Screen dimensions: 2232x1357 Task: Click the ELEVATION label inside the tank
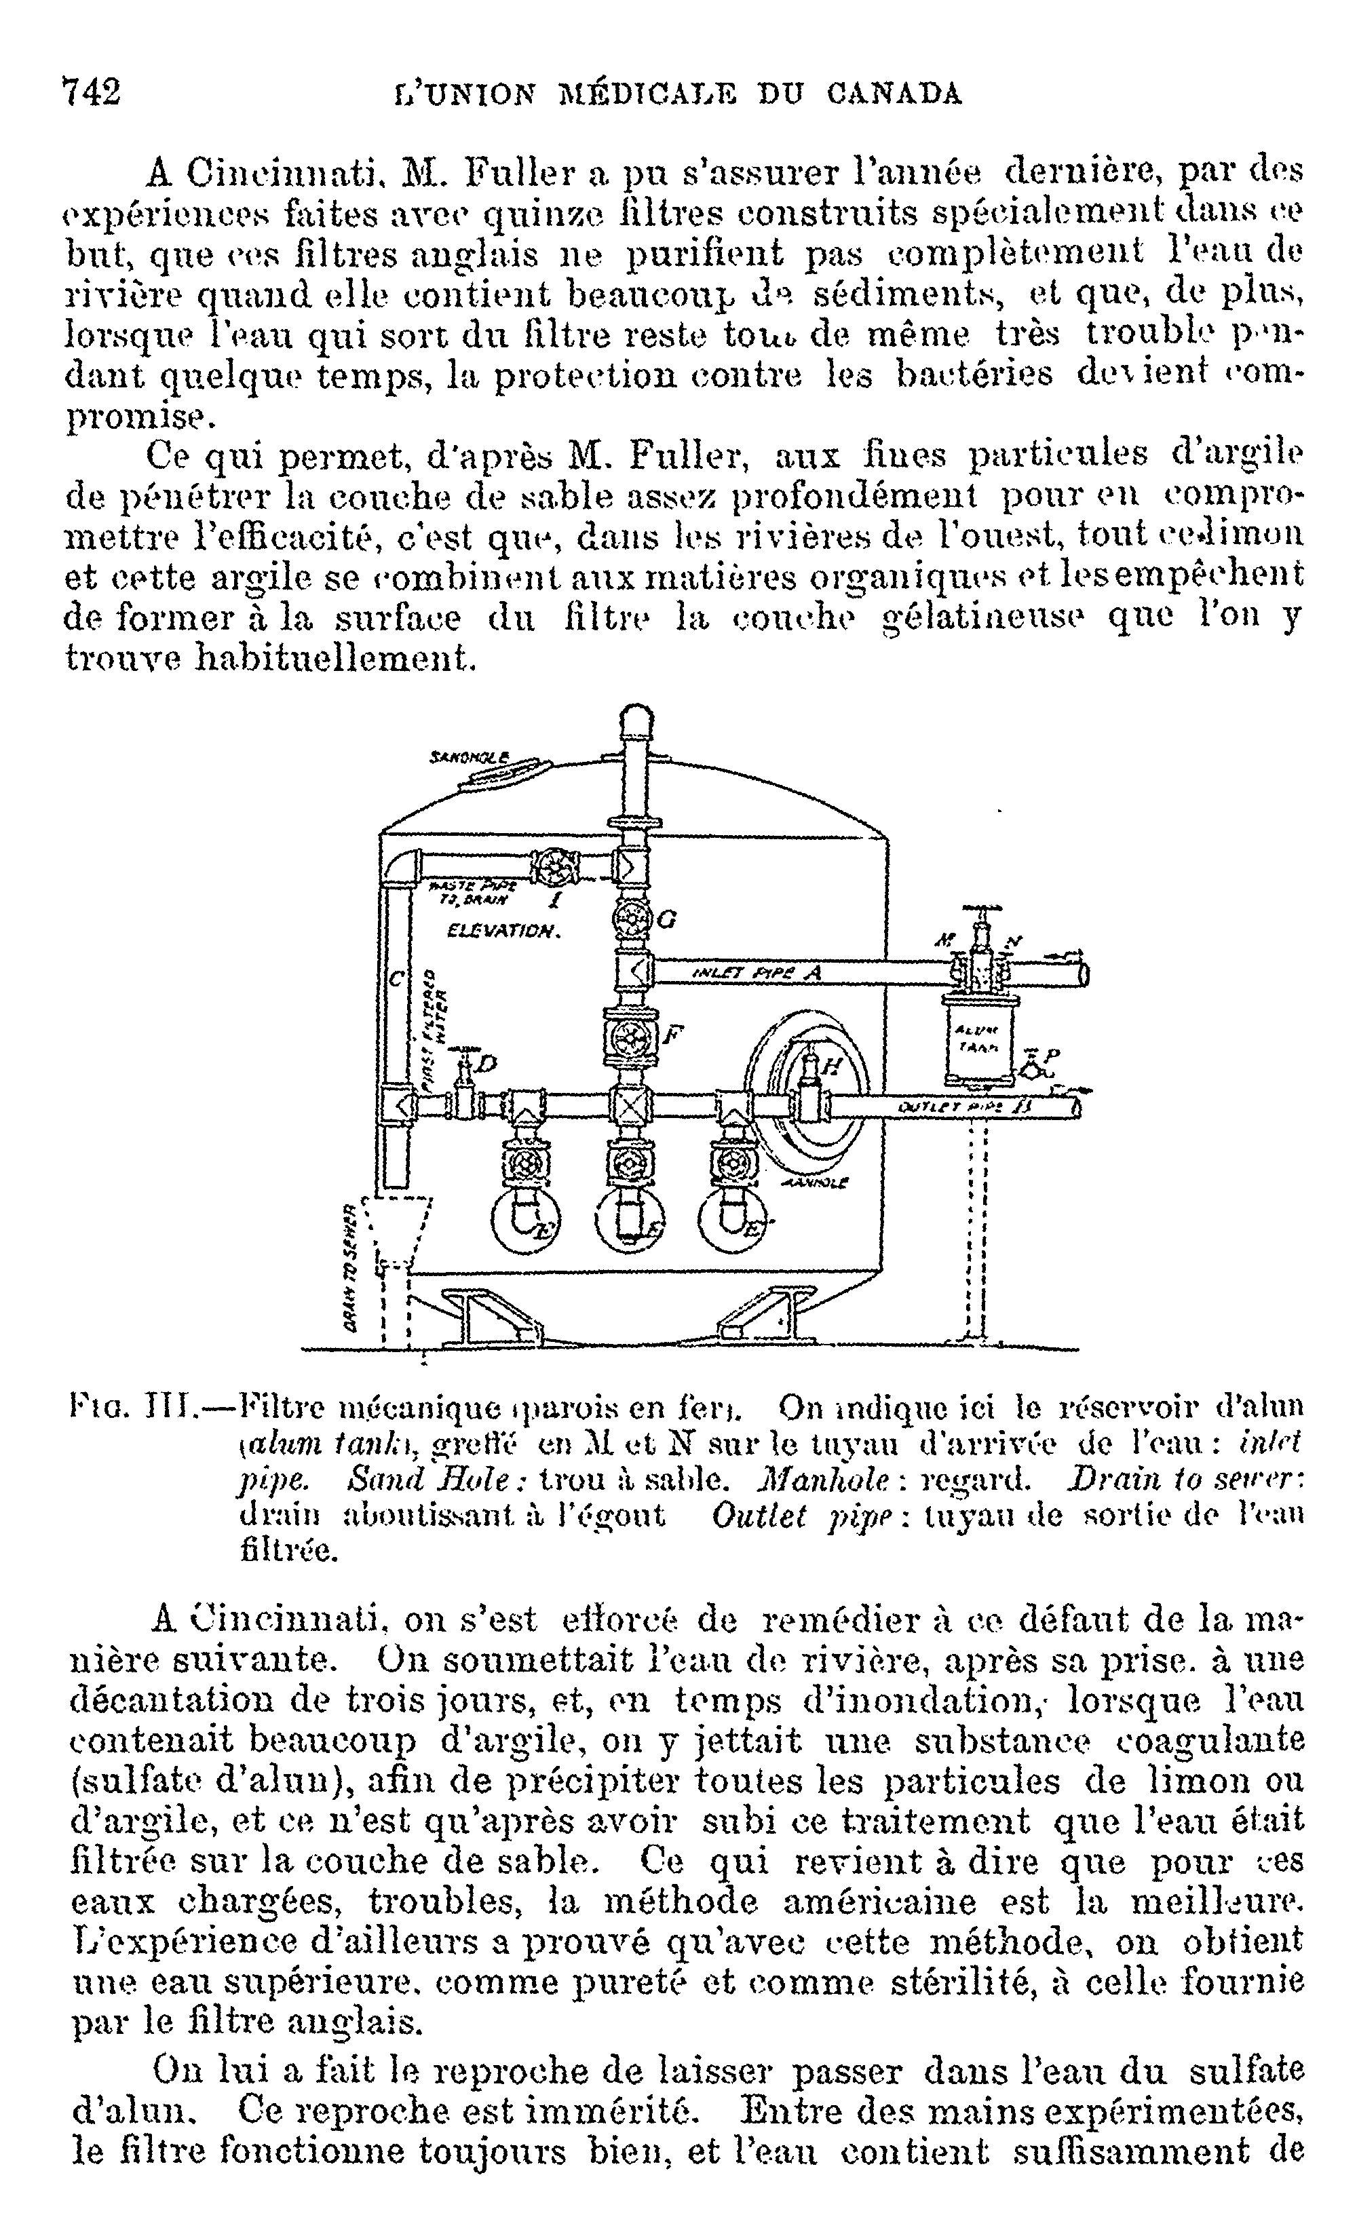click(x=503, y=930)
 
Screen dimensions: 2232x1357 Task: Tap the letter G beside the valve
click(x=666, y=919)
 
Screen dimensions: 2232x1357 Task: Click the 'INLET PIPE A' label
click(x=757, y=973)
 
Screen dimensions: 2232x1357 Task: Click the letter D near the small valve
click(x=486, y=1065)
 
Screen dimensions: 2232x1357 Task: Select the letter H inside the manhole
click(x=830, y=1067)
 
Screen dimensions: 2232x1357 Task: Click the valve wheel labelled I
click(x=549, y=868)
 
